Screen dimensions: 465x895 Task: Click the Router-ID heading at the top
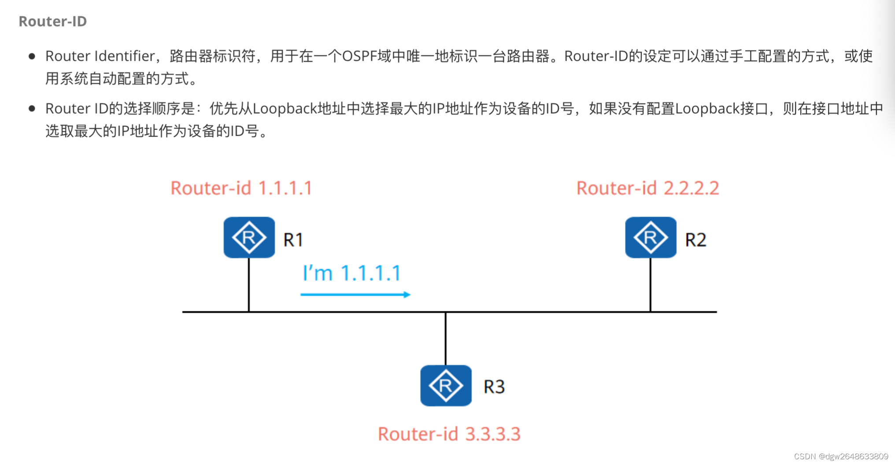pos(52,21)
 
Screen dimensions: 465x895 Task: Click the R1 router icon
pos(249,237)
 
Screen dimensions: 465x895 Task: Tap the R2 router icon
pos(651,237)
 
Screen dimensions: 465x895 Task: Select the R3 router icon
pos(446,385)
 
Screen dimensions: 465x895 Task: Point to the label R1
pos(293,240)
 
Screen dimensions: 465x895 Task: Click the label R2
pos(695,240)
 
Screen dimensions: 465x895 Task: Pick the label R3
pos(494,387)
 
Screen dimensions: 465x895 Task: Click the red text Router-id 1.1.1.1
pos(241,188)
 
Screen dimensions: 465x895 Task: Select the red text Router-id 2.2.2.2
pos(647,188)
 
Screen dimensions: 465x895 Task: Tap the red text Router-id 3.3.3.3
pos(449,434)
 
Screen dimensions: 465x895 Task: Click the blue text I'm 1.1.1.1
pos(351,273)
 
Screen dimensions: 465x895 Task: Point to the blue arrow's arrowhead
pos(407,295)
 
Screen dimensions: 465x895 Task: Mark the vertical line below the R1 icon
pos(249,284)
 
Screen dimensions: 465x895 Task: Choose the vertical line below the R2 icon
pos(651,284)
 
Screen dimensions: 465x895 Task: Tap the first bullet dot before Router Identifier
pos(32,56)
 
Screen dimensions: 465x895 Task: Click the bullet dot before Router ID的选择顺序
pos(32,109)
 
